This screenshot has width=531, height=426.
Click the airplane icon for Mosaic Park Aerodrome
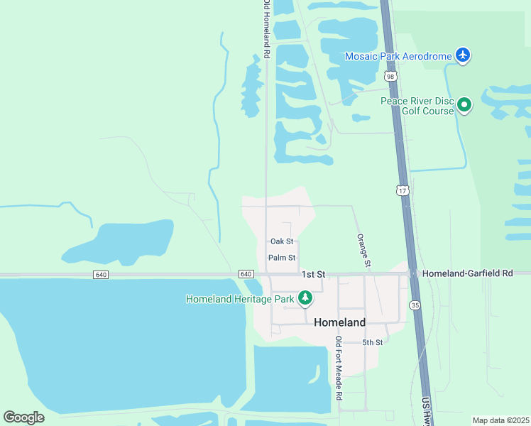point(463,55)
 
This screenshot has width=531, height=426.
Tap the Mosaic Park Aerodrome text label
point(398,55)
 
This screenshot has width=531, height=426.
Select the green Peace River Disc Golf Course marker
point(464,106)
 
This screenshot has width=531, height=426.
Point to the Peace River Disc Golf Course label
point(417,106)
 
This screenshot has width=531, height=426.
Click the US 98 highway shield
point(390,76)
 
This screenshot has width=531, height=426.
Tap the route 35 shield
point(415,304)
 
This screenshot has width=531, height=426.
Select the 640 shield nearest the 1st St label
point(246,274)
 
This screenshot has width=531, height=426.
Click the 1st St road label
point(312,274)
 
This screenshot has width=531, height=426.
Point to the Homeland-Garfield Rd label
point(466,273)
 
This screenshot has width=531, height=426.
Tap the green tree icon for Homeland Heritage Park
point(305,298)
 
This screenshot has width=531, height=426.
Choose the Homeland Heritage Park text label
point(240,299)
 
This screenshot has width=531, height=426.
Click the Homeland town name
point(340,322)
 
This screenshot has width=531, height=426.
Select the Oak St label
point(282,241)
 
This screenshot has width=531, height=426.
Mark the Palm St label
point(282,258)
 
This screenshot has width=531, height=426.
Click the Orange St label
point(363,250)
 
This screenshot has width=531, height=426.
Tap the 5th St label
point(373,342)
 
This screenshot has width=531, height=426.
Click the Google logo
point(23,417)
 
